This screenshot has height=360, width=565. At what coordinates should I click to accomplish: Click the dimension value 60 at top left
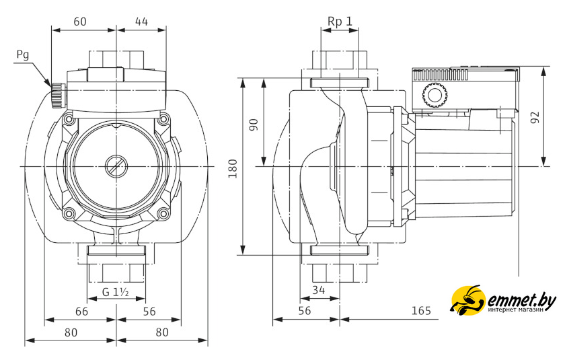(x=80, y=22)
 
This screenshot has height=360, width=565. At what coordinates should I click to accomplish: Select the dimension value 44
(x=141, y=22)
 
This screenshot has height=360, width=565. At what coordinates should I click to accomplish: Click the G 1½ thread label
(x=116, y=292)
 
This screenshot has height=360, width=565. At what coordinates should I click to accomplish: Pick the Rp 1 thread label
(x=340, y=22)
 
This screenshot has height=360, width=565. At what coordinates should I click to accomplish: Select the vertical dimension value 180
(x=233, y=168)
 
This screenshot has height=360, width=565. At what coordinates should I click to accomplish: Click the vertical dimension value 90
(x=254, y=124)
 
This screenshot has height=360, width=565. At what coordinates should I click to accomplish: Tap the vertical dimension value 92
(x=535, y=117)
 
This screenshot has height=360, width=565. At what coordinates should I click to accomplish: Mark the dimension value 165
(x=420, y=312)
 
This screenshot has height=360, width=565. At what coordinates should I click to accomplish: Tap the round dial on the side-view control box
(x=434, y=96)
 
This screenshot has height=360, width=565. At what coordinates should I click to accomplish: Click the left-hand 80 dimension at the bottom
(x=71, y=332)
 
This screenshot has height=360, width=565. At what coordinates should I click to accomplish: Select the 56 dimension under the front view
(x=149, y=312)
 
